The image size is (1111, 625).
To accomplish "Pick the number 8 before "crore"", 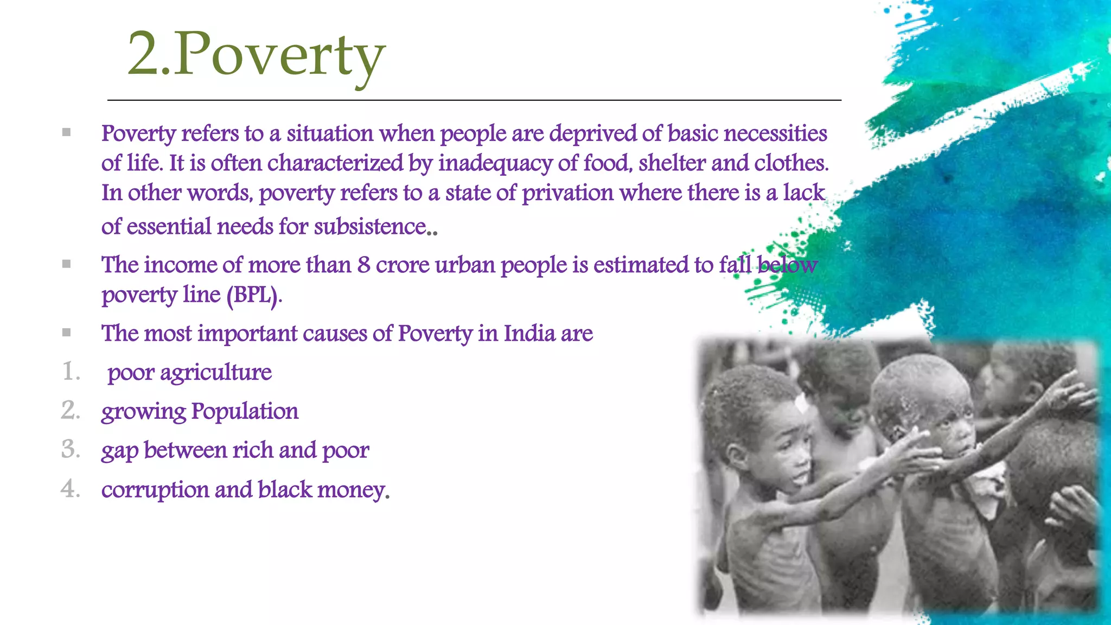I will tap(363, 265).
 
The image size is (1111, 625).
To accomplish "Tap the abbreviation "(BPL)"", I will tap(253, 295).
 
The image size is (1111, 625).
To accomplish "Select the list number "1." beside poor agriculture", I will tap(71, 372).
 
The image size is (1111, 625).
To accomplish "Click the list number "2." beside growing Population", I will tap(71, 411).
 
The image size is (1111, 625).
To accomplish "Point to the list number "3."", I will tap(71, 450).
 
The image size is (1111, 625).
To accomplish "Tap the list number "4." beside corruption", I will tap(71, 489).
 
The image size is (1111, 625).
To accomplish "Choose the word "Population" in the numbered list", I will tap(245, 411).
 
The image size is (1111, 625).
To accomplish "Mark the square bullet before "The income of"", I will tap(66, 264).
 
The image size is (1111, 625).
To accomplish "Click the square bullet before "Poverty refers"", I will tap(66, 132).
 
